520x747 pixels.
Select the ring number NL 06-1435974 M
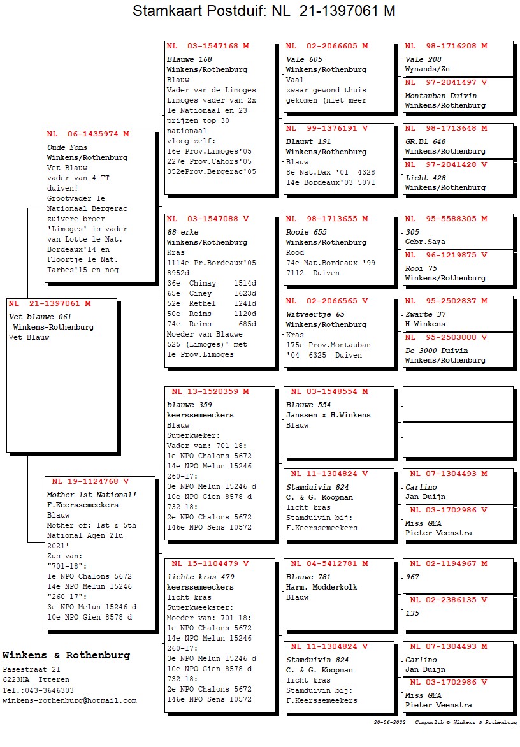coord(88,134)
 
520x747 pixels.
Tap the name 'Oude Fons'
coord(68,147)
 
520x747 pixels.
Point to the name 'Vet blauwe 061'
coord(40,317)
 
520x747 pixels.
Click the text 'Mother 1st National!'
coord(92,495)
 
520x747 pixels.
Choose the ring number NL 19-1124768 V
coord(90,482)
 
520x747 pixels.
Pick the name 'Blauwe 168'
coord(189,59)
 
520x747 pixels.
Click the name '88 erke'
coord(182,232)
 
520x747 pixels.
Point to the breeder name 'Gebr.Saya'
coord(426,242)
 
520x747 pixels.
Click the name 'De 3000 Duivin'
coord(437,351)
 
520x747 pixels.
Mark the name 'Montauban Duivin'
coord(441,96)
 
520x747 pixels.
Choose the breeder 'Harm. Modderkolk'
coord(322,587)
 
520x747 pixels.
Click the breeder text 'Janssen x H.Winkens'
coord(328,415)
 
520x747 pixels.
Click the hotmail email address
coord(69,700)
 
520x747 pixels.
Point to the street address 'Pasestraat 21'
coord(32,670)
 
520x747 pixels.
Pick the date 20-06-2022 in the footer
coord(390,723)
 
